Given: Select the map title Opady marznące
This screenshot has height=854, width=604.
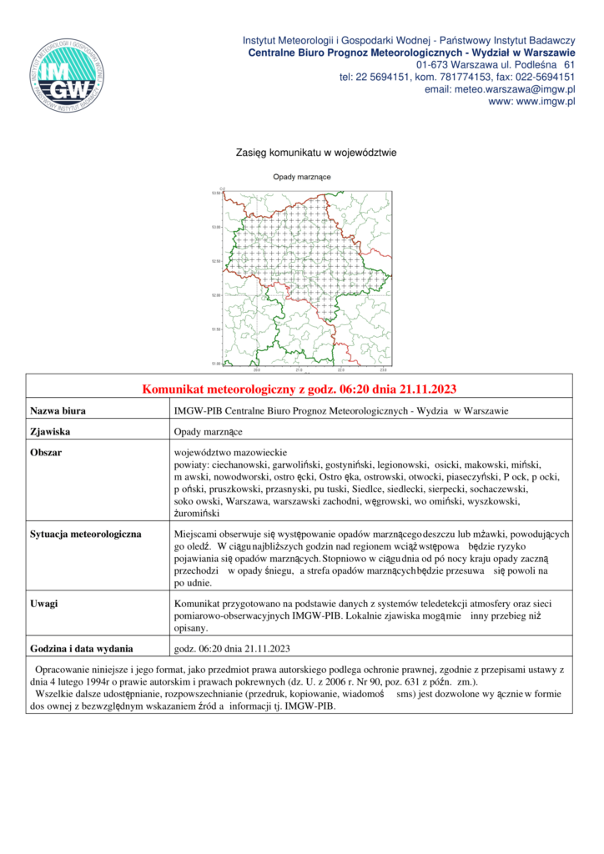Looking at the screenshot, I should [302, 178].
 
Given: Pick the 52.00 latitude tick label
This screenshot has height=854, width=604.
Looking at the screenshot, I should [216, 295].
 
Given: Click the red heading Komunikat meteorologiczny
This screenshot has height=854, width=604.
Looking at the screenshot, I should [299, 389].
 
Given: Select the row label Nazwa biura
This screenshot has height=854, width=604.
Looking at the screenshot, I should [58, 411].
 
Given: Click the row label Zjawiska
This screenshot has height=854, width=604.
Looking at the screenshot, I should [49, 432].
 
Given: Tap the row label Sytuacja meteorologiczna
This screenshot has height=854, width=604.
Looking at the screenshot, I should [86, 532].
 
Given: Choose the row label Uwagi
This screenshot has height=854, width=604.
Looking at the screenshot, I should [45, 602].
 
